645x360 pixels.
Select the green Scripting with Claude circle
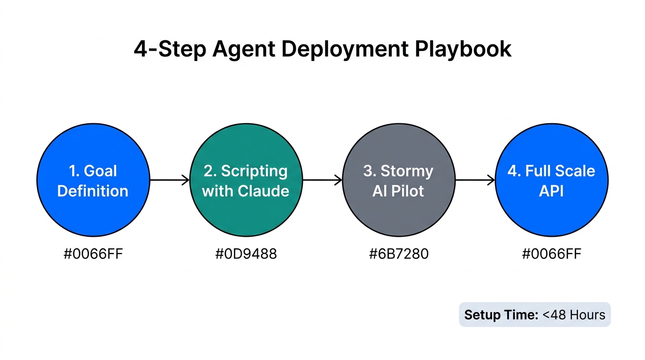[246, 180]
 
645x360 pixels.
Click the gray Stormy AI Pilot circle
[398, 180]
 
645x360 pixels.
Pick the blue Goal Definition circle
[93, 180]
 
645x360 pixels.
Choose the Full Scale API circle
[551, 180]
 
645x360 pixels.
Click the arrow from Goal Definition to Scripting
[169, 180]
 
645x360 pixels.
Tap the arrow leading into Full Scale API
[475, 180]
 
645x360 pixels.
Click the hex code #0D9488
[246, 254]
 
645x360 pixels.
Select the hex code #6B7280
[398, 254]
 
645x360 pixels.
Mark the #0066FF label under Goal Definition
[93, 254]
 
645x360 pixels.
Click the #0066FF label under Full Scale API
[551, 254]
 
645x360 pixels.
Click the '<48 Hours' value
[574, 315]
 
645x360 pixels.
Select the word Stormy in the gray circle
[407, 171]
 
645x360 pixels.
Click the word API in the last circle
[551, 191]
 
